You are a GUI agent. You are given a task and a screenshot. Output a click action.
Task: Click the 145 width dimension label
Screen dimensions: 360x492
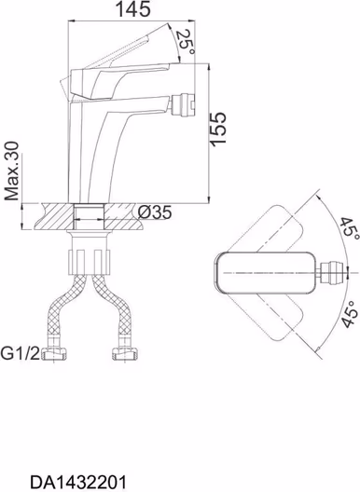click(x=133, y=8)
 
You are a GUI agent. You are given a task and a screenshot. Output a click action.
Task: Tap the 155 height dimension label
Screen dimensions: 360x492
click(x=218, y=129)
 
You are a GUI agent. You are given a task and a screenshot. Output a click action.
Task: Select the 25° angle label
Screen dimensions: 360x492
click(x=186, y=41)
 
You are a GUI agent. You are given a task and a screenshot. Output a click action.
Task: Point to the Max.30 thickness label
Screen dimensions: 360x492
click(x=12, y=171)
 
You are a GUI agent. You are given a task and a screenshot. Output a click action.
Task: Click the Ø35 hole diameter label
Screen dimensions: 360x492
click(x=155, y=212)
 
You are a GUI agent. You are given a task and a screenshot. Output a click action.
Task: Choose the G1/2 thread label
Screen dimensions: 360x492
click(x=21, y=353)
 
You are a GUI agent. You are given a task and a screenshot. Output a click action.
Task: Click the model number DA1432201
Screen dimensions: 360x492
click(x=78, y=483)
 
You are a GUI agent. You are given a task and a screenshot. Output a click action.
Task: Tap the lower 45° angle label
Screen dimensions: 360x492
click(x=350, y=315)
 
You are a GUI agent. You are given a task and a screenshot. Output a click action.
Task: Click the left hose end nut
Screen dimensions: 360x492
click(x=54, y=354)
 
